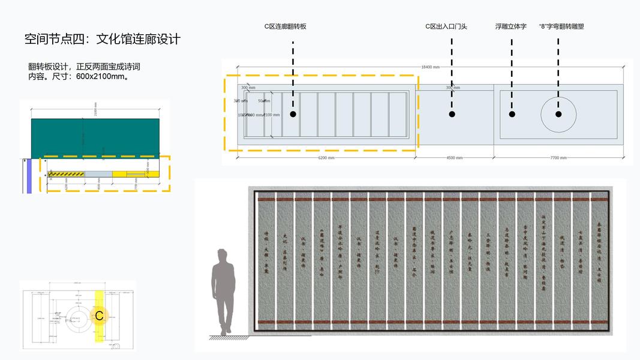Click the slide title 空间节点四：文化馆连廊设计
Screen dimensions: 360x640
[103, 40]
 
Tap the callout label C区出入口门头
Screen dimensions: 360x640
[446, 26]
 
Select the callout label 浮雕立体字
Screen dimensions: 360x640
[511, 26]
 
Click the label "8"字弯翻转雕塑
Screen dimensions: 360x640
[561, 26]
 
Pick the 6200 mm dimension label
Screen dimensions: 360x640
[326, 158]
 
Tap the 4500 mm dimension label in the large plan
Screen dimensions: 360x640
[454, 158]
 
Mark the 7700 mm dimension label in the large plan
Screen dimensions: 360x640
[558, 158]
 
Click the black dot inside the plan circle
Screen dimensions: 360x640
[558, 114]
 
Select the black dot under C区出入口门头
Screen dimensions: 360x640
[452, 114]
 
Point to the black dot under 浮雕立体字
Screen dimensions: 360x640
[512, 114]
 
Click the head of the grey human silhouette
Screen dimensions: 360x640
[223, 256]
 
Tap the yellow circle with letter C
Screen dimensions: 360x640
[100, 316]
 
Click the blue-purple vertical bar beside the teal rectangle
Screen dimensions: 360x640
[28, 176]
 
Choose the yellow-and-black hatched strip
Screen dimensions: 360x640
[67, 174]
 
